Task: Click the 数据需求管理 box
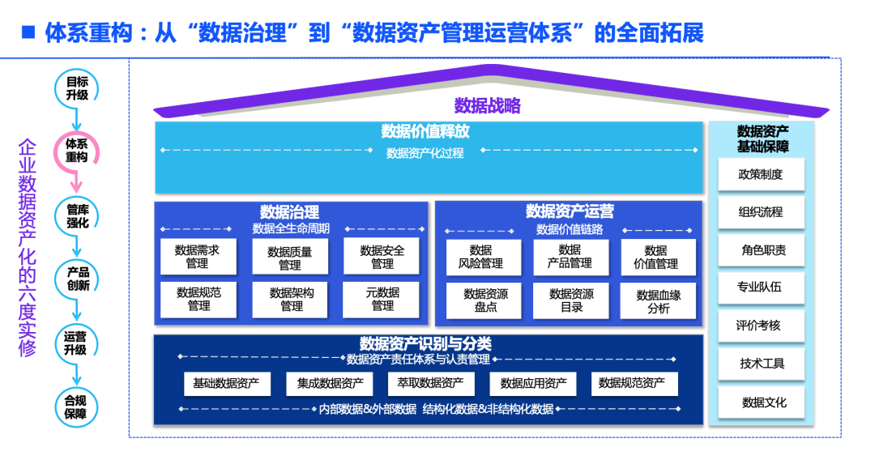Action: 197,257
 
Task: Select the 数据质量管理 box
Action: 290,258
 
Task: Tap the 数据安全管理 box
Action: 382,257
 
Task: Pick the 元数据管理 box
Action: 382,299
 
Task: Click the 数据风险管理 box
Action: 480,257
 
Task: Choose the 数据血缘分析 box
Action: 658,301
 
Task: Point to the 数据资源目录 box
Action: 571,300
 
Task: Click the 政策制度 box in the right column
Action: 761,174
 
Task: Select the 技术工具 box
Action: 761,364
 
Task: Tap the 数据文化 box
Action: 761,402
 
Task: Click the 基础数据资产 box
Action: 221,384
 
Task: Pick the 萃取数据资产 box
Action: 425,384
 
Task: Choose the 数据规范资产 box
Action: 634,384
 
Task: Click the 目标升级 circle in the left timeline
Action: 77,88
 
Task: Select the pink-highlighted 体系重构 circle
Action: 76,151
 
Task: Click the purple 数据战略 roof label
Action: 487,105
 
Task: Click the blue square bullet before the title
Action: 28,32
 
